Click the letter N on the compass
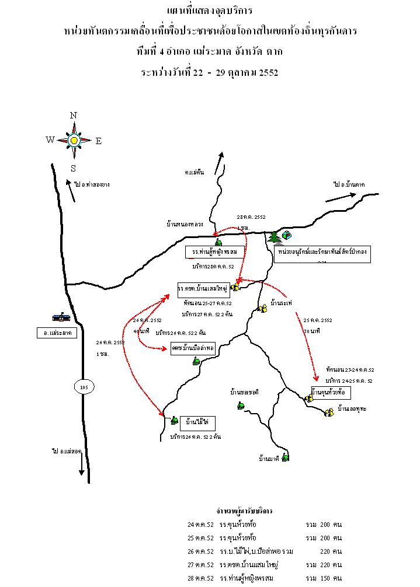[74, 116]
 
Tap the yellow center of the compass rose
[74, 140]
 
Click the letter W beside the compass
[50, 140]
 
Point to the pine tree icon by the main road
[274, 236]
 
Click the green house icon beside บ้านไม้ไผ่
[173, 420]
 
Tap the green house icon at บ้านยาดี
[285, 457]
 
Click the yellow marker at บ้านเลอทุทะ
[329, 413]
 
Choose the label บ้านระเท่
[282, 303]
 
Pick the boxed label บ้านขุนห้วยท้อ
[330, 392]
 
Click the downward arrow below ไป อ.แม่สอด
[81, 467]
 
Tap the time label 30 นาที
[312, 330]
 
